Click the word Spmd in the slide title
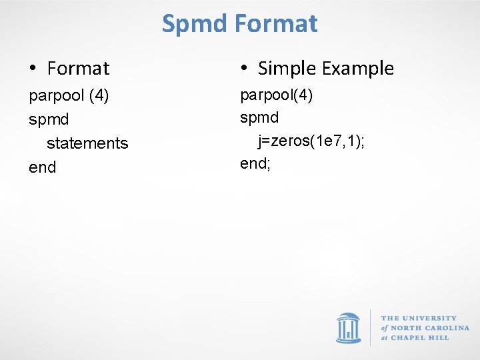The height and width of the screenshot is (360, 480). coord(195,24)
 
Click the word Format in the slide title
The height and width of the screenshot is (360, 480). coord(276,24)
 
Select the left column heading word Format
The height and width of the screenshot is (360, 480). coord(78,68)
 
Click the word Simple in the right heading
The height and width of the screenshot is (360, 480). coord(287,68)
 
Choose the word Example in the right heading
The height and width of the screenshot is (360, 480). coord(359,68)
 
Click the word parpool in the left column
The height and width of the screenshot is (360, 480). coord(55,96)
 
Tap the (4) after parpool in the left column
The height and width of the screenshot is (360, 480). coord(98,96)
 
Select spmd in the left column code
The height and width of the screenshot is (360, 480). coord(49,120)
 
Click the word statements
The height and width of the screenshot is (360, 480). coord(87,143)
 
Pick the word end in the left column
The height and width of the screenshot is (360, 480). coord(43,167)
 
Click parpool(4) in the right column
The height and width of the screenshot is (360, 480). coord(276,95)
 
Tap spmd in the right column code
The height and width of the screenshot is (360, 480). coord(259,117)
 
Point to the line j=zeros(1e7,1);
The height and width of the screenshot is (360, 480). coord(311,141)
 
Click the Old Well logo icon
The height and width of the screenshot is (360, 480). coord(348,327)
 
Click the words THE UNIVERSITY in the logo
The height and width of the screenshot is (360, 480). coord(419,318)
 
